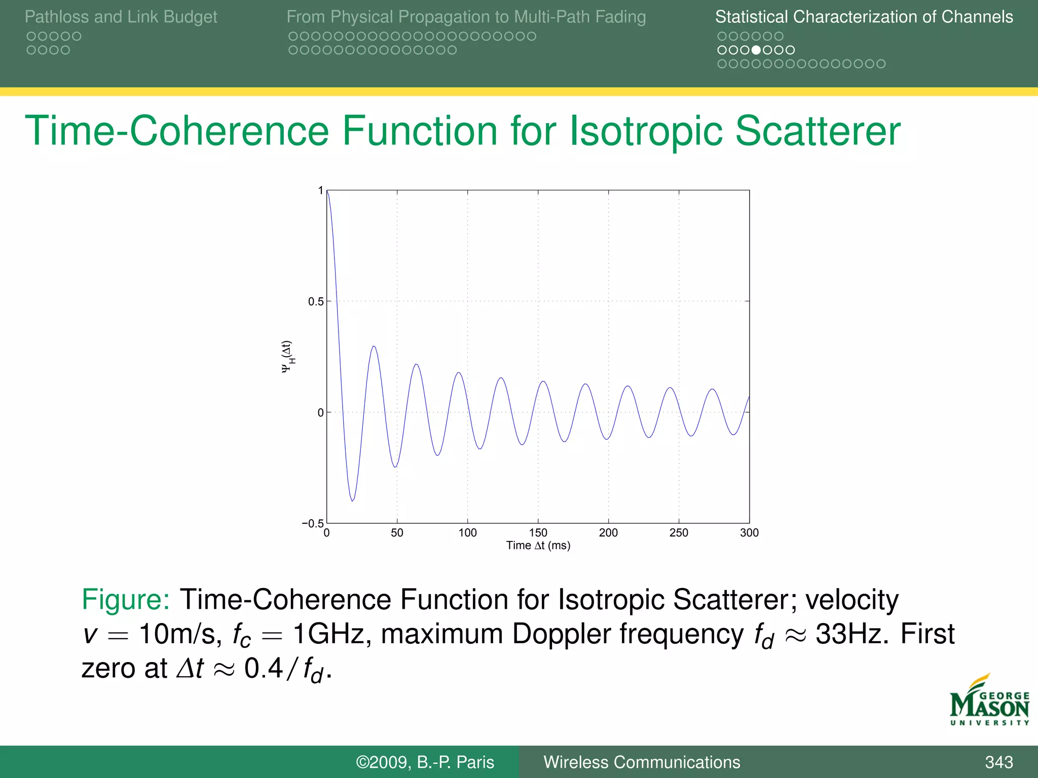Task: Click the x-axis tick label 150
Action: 538,533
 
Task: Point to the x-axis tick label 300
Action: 749,533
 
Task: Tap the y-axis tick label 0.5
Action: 315,302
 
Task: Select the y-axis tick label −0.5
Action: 312,523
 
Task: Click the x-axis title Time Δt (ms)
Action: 538,546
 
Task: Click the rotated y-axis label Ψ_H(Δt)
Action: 287,357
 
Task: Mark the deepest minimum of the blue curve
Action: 352,500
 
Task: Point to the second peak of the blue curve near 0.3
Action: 374,346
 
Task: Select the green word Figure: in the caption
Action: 126,600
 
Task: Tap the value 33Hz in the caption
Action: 851,634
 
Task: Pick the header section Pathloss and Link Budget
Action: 121,17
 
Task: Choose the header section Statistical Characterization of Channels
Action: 864,17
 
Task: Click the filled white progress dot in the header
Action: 756,50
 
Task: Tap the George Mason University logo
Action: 989,702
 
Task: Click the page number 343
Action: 998,762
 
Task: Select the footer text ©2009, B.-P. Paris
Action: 425,762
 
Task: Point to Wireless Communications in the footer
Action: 642,762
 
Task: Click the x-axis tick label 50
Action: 397,533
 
